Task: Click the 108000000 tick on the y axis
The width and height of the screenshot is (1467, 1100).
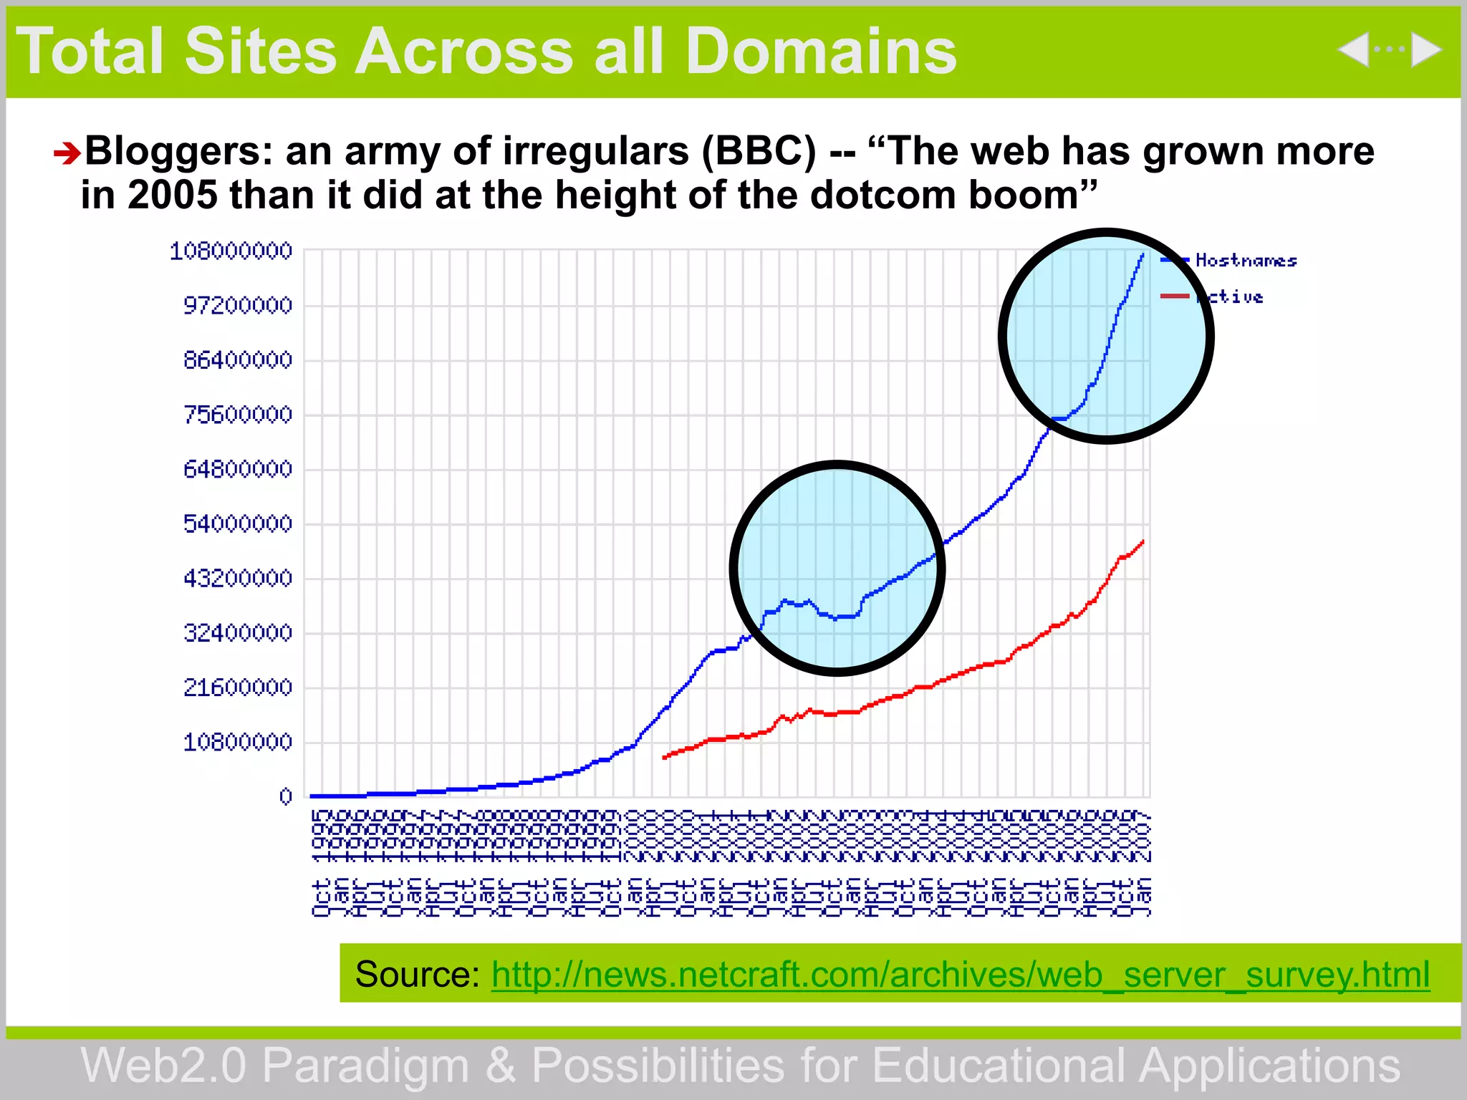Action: (x=231, y=251)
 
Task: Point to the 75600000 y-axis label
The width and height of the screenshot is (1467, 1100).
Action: (x=238, y=415)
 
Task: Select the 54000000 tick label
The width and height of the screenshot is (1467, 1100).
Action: (x=238, y=524)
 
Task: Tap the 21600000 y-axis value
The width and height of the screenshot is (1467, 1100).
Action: (x=238, y=687)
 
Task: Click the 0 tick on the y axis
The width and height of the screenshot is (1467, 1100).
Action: (x=286, y=796)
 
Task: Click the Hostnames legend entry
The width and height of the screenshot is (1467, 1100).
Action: (x=1246, y=261)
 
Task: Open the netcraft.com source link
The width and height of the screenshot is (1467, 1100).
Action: (x=960, y=975)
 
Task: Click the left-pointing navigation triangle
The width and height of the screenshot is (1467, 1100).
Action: (x=1353, y=50)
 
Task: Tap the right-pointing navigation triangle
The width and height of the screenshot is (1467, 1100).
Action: (x=1425, y=50)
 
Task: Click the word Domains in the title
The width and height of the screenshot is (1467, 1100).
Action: (x=820, y=52)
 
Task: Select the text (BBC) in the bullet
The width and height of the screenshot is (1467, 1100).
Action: (x=759, y=151)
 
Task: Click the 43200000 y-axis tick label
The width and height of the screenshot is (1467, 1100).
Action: (x=238, y=578)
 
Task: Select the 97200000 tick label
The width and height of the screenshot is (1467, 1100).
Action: (x=238, y=306)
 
